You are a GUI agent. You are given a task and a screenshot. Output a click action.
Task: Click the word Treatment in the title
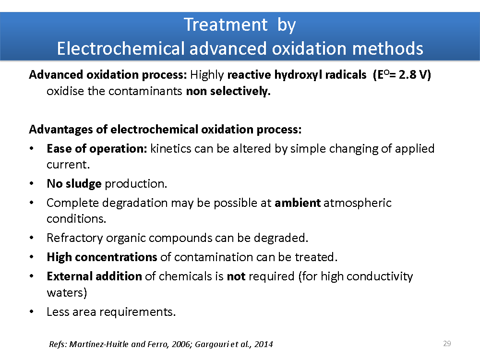coord(226,24)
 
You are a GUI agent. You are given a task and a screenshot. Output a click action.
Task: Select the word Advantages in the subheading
coord(61,130)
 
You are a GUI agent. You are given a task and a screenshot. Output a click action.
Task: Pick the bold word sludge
coord(83,184)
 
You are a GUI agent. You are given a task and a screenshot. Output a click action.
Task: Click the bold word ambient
coord(298,203)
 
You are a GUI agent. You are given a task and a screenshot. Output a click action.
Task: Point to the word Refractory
coord(75,238)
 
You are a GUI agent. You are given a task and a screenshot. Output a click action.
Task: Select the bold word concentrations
coord(116,257)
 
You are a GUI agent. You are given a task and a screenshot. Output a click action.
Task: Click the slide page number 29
coord(447,344)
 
